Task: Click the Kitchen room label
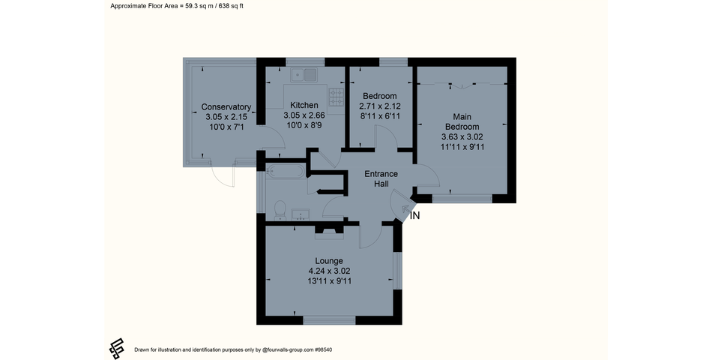304,106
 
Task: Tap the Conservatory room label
226,107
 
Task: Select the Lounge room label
329,261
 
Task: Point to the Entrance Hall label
381,178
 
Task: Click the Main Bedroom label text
462,121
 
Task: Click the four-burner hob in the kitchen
337,97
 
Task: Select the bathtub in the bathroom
286,171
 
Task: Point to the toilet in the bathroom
280,210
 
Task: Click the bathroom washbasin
300,214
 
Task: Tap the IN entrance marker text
415,216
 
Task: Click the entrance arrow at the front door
405,208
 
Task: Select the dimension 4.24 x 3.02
329,271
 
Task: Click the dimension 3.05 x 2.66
304,115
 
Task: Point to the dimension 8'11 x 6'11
380,116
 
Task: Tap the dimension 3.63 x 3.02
462,136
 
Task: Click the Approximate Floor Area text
177,6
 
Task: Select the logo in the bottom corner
117,349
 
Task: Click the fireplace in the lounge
330,231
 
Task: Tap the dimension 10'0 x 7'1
226,127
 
